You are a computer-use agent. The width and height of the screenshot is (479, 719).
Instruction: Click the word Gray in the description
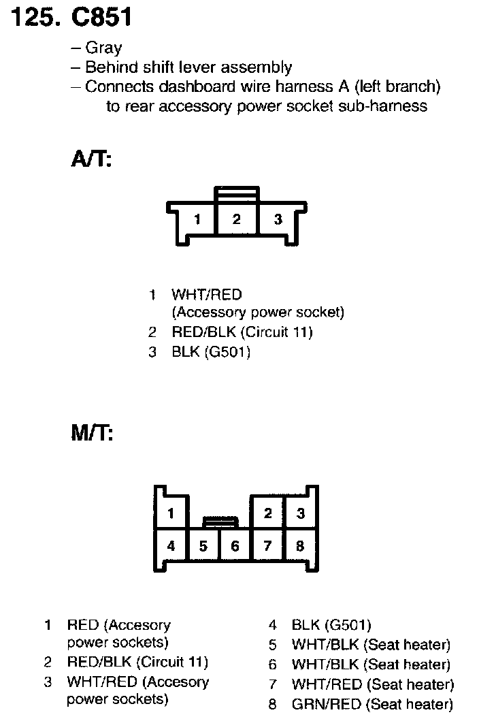pos(103,48)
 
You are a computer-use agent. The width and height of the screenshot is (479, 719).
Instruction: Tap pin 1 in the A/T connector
pos(197,219)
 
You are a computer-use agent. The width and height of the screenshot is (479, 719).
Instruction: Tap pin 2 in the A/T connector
pos(236,219)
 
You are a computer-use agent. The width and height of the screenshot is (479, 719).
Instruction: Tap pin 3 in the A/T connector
pos(278,219)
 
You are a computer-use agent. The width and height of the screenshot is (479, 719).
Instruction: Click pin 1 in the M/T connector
pos(171,513)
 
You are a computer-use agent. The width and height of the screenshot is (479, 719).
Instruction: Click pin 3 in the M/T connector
pos(300,513)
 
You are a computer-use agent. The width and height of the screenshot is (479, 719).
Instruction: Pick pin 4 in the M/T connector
pos(171,545)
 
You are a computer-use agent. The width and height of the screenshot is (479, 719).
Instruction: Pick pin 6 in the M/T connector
pos(235,545)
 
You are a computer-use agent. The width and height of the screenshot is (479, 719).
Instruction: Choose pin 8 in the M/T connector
pos(300,545)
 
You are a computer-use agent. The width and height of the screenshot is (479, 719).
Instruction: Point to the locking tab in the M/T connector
pos(220,522)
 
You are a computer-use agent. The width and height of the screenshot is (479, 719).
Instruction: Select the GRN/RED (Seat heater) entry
pos(372,704)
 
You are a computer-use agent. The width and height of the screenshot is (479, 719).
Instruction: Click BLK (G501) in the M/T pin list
pos(331,625)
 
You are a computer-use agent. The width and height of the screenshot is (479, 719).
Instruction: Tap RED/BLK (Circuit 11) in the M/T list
pos(137,662)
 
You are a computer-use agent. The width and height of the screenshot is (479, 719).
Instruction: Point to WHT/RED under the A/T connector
pos(206,294)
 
